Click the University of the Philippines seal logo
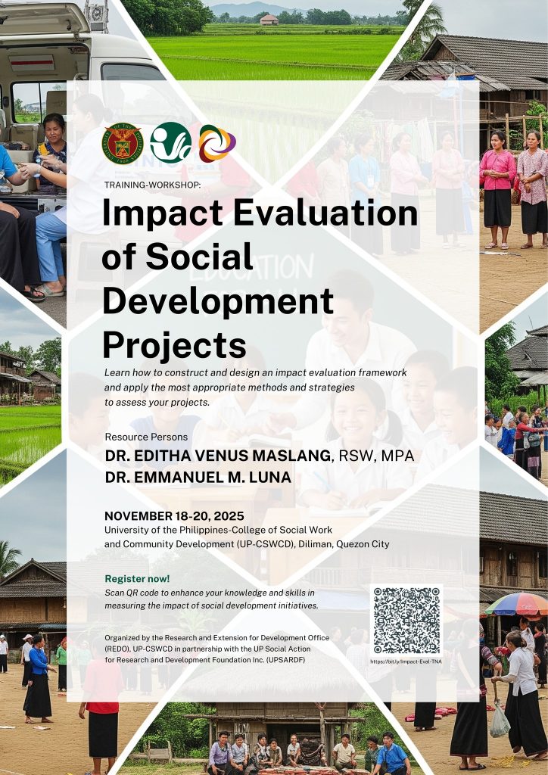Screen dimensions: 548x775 [x=122, y=143]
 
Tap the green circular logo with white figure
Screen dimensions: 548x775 [x=170, y=143]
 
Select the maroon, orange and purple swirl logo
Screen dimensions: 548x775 [x=217, y=143]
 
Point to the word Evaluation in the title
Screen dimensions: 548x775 [x=325, y=213]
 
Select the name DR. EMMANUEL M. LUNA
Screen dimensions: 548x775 [x=198, y=477]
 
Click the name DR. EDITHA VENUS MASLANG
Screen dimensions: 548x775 [x=218, y=455]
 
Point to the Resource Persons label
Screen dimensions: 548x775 [x=146, y=437]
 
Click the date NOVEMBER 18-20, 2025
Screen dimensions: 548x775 [x=174, y=516]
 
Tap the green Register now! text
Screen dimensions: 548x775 [x=137, y=578]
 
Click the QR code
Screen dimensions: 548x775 [x=406, y=621]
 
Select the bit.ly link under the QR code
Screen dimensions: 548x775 [x=406, y=661]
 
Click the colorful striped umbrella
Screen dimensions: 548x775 [x=517, y=603]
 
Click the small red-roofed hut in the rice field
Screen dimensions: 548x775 [x=269, y=19]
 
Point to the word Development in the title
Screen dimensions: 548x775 [x=217, y=301]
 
